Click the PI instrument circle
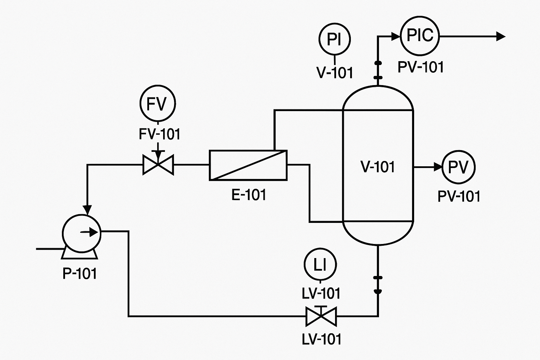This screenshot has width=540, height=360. tap(334, 39)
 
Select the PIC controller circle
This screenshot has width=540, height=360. tap(420, 36)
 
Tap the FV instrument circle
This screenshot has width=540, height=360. tap(157, 104)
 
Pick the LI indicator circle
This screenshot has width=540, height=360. tap(320, 265)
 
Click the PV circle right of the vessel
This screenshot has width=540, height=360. tap(458, 167)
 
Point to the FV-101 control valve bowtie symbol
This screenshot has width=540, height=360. tap(158, 165)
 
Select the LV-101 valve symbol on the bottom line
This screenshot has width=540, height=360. tap(321, 316)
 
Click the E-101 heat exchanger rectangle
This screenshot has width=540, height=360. tap(248, 165)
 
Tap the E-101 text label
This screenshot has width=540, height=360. tap(249, 195)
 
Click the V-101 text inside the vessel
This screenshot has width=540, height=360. tap(378, 167)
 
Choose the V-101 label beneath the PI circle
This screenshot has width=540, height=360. tap(334, 73)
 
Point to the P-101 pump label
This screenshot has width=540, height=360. tap(79, 274)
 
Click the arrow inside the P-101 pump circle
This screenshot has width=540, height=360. tap(90, 232)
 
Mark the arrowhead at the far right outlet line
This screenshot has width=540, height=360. tap(501, 36)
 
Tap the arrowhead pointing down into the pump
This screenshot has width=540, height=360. tap(88, 210)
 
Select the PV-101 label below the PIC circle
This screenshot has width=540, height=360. tap(420, 67)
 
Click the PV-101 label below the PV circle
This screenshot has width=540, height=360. tap(459, 196)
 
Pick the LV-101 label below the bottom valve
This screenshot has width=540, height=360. tap(321, 339)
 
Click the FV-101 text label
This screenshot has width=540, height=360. tap(160, 134)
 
